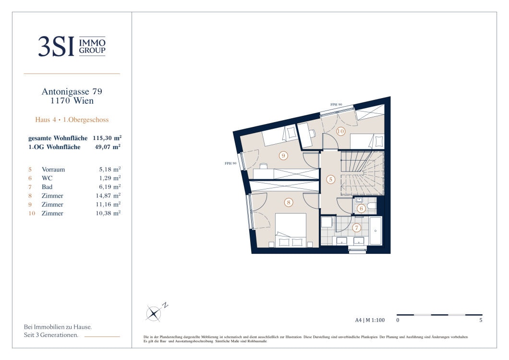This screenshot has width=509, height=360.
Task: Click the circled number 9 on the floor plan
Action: (283, 156)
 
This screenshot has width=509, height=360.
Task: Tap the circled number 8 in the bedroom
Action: (289, 202)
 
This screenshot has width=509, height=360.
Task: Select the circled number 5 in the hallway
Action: (330, 179)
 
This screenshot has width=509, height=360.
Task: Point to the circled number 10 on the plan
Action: (340, 131)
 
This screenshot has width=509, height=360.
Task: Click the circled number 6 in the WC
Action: (361, 208)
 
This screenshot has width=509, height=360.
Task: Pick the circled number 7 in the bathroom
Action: (357, 228)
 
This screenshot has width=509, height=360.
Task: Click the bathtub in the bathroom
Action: (376, 231)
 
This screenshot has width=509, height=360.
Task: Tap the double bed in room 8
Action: (291, 230)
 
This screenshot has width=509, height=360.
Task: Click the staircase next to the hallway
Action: (362, 173)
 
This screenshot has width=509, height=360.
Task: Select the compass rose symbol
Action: (153, 313)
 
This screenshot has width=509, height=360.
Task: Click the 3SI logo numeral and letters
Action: (56, 47)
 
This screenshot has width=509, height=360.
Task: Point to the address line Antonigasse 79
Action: (72, 91)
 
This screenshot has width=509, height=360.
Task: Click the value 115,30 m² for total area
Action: (107, 138)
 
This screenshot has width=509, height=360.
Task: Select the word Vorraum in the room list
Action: (53, 169)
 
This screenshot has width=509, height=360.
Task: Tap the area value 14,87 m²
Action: (108, 196)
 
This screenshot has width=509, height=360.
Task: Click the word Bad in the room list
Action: (47, 187)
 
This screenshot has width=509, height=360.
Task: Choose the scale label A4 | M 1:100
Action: (370, 320)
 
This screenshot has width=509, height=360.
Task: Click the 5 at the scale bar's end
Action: (481, 320)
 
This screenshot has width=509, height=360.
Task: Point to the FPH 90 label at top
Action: (336, 105)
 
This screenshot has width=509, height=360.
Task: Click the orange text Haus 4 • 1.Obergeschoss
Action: (72, 120)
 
